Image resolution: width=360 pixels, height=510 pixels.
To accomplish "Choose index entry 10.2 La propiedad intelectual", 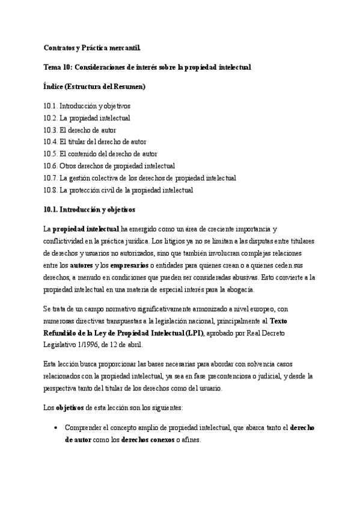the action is point(87,117).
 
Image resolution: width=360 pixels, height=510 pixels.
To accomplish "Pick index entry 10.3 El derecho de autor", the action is point(80,129).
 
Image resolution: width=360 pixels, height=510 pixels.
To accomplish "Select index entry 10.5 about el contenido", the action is point(100,153).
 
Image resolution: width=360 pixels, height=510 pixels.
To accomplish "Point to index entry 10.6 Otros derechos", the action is point(109,165).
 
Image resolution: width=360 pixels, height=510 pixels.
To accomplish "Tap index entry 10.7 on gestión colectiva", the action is point(139,178).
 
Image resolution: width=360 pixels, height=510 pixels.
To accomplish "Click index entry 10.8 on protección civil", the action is point(118,190).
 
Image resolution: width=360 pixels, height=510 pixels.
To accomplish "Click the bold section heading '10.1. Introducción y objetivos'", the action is point(90,210).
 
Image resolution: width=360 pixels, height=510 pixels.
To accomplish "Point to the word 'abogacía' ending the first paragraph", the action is point(239,290).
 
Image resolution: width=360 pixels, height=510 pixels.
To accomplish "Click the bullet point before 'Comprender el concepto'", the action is point(55,428).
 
